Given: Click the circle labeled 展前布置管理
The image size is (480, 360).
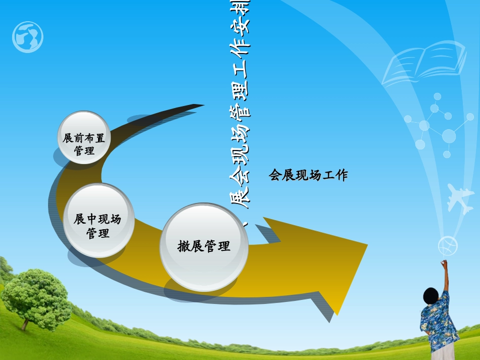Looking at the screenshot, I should click(83, 138).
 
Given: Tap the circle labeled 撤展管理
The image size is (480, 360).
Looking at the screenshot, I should click(204, 246).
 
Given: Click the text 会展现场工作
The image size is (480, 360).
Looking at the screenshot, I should click(308, 175).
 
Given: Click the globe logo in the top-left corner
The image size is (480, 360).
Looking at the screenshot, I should click(28, 37).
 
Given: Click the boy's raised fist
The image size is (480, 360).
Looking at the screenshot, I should click(444, 263).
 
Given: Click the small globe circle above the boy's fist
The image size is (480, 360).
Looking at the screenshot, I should click(448, 246).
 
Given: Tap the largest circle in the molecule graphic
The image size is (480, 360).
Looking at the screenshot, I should click(449, 136).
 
